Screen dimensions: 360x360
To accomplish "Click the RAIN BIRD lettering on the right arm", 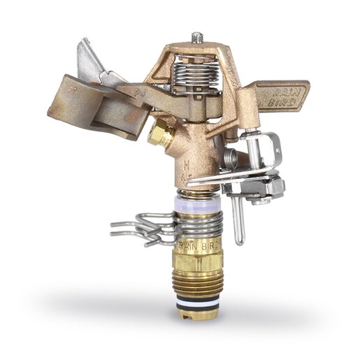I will [285, 95].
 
